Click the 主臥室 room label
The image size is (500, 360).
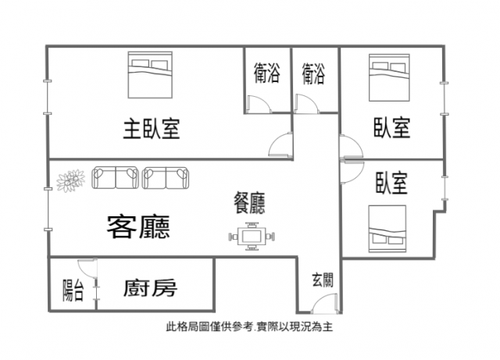(152, 129)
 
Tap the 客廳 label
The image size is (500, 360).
(138, 227)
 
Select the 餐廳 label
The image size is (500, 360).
(249, 203)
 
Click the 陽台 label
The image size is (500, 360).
(73, 290)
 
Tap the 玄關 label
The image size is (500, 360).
(323, 280)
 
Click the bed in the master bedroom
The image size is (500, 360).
(150, 75)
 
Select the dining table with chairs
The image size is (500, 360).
(252, 237)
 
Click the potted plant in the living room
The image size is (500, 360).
(71, 180)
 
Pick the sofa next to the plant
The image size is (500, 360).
(115, 177)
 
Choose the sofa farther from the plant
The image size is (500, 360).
(165, 177)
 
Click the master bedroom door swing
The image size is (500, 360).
(280, 144)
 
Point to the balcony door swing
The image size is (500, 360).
(87, 268)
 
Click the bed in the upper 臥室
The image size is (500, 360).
(389, 77)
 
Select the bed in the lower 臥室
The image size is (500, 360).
(387, 229)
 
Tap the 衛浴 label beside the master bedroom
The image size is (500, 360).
(267, 73)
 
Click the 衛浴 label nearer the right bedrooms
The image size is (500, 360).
(313, 73)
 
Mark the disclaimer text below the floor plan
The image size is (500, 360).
(250, 326)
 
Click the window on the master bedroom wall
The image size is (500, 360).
(48, 98)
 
